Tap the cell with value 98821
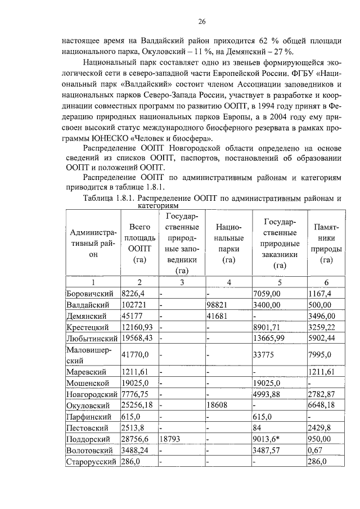[x=219, y=304]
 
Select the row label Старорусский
[x=91, y=462]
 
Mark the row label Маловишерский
[x=91, y=355]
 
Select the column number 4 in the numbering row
[x=228, y=282]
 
